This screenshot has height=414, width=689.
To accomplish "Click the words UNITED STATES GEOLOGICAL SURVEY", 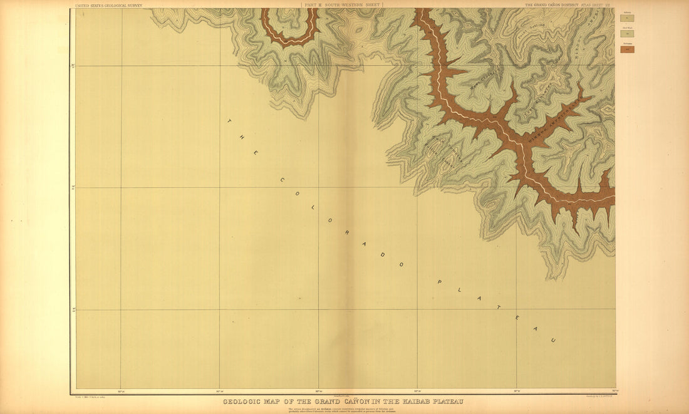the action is point(108,5).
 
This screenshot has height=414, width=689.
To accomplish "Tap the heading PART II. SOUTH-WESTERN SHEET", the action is point(342,4).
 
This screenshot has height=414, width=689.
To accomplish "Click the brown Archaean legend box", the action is point(628,49).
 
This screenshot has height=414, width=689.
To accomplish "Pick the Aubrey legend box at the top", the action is point(628,18).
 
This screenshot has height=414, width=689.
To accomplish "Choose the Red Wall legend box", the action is point(628,34).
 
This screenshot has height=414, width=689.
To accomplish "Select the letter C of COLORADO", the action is point(282,180).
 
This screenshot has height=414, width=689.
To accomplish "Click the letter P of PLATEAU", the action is point(440,282).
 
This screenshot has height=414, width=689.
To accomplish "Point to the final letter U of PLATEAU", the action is point(553,341).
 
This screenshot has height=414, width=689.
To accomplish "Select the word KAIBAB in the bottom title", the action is point(409,401).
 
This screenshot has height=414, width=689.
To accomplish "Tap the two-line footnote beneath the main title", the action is point(342,410).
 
